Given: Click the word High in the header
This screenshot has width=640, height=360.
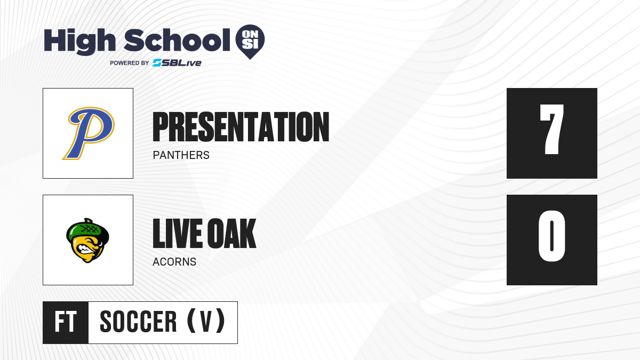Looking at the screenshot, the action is pyautogui.click(x=79, y=41).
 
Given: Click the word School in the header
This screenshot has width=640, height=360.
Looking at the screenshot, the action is pyautogui.click(x=177, y=40).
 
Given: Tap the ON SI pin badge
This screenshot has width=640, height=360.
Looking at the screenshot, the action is pyautogui.click(x=250, y=42).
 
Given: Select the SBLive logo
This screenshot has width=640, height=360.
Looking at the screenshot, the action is pyautogui.click(x=177, y=63).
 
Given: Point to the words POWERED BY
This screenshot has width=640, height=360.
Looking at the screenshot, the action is pyautogui.click(x=130, y=63).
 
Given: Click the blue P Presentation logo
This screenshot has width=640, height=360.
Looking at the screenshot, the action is pyautogui.click(x=89, y=133).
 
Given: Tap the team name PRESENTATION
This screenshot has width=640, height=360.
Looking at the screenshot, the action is pyautogui.click(x=241, y=127).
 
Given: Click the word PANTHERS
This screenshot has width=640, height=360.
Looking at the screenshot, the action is pyautogui.click(x=181, y=155).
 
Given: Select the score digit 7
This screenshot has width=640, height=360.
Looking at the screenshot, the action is pyautogui.click(x=551, y=130).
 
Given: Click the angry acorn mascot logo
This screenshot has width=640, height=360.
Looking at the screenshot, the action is pyautogui.click(x=87, y=241).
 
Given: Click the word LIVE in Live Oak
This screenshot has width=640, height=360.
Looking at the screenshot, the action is pyautogui.click(x=178, y=234).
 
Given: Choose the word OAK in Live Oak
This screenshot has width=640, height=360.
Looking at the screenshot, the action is pyautogui.click(x=231, y=234).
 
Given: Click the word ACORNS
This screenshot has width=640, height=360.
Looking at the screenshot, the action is pyautogui.click(x=174, y=262).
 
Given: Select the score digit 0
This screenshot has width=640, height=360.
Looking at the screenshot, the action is pyautogui.click(x=551, y=236).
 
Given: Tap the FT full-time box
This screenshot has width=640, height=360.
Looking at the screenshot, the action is pyautogui.click(x=66, y=323).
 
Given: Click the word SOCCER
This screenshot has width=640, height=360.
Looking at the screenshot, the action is pyautogui.click(x=138, y=322).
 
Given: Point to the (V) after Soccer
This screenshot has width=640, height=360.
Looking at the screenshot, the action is pyautogui.click(x=206, y=321).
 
